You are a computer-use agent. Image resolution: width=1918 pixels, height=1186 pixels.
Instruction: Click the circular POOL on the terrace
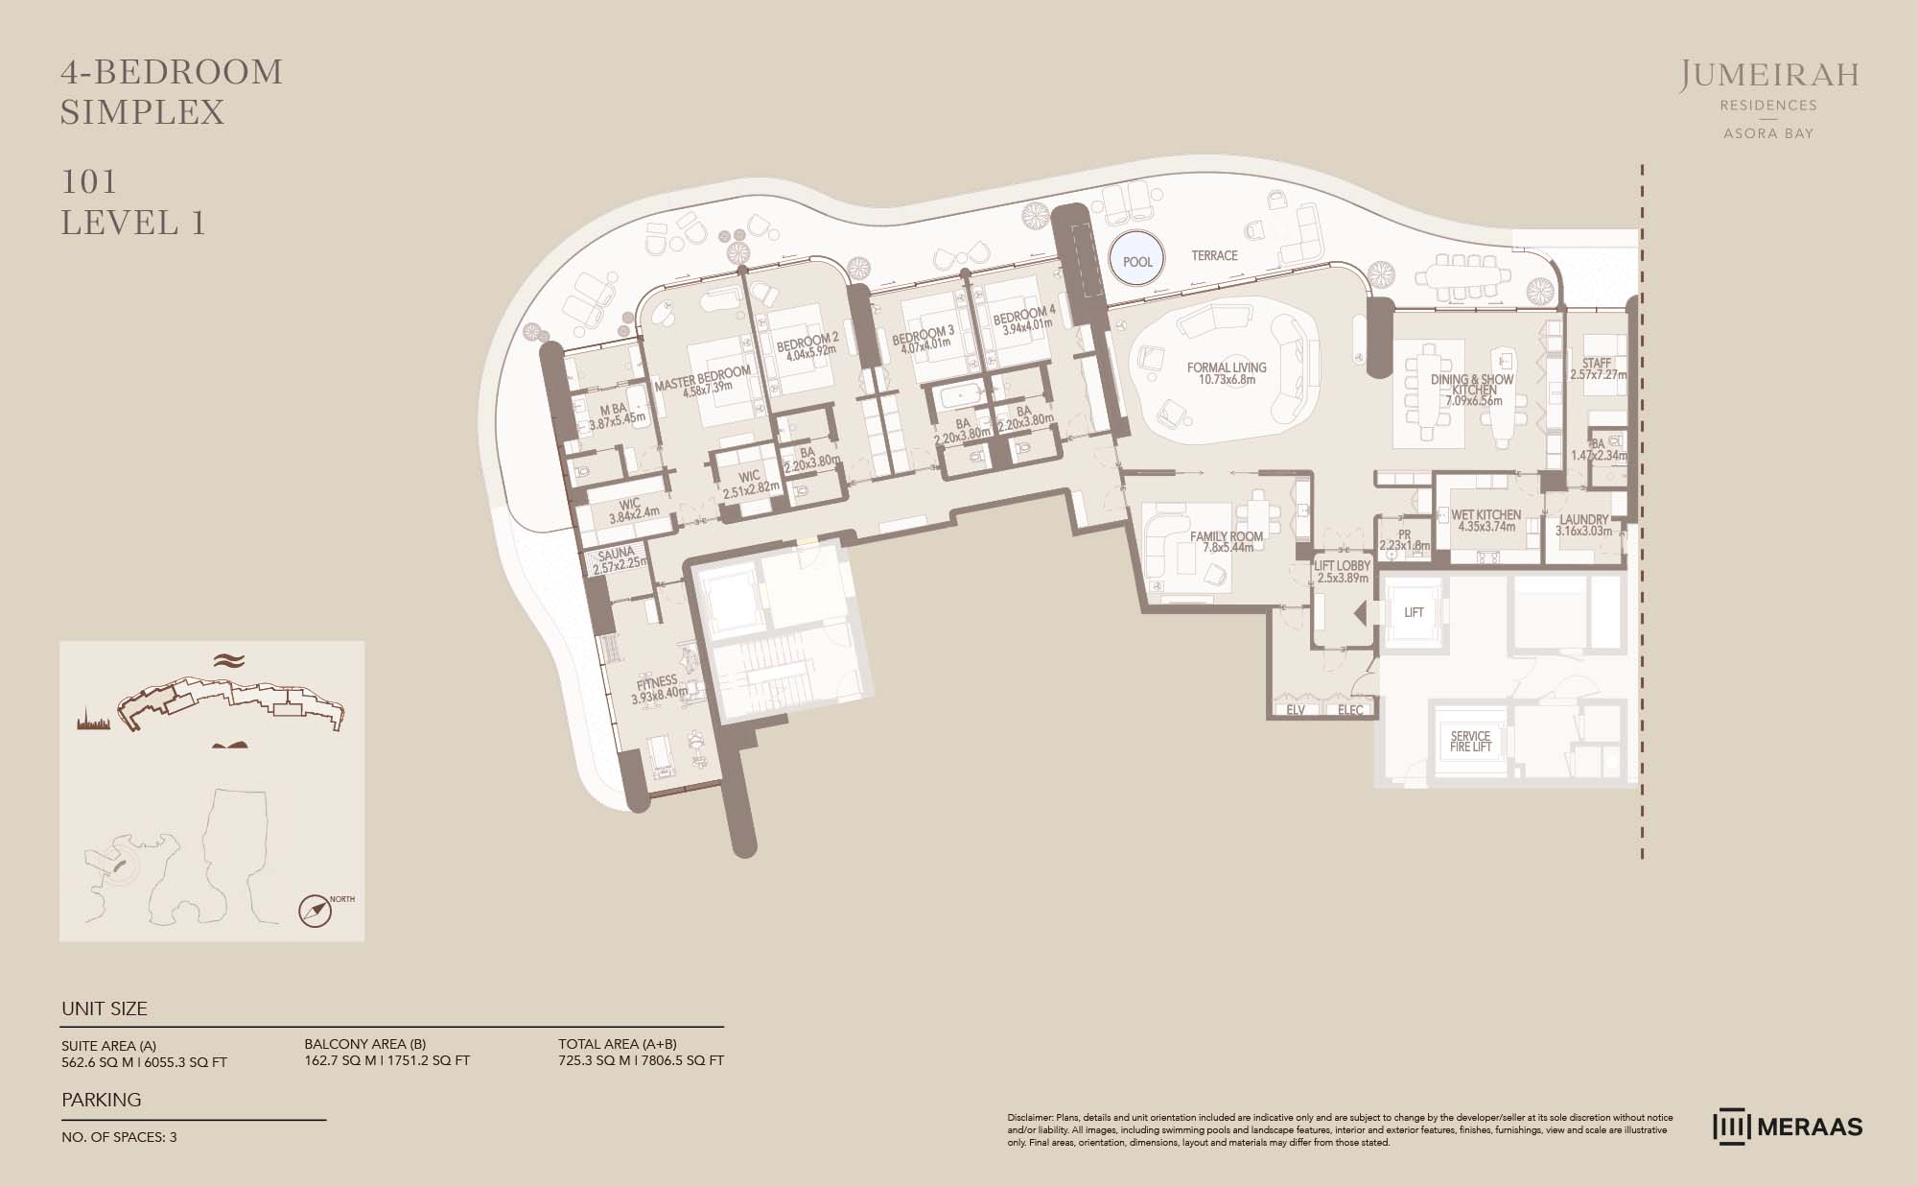click(1137, 261)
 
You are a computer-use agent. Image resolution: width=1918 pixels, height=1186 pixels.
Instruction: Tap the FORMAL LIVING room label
click(1227, 368)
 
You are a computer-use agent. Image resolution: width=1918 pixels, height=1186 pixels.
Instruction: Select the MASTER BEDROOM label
click(702, 374)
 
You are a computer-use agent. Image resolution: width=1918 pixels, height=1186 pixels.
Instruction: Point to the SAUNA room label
click(616, 554)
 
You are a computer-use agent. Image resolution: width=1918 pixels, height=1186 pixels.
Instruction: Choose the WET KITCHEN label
click(1485, 515)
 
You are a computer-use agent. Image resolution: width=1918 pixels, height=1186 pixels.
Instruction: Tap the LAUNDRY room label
click(1583, 520)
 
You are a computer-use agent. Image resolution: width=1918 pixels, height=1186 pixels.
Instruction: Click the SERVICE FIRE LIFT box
click(1470, 741)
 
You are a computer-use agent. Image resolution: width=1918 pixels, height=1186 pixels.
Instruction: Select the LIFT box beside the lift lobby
click(1414, 612)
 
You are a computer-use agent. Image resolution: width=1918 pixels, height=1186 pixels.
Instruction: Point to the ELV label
click(1296, 711)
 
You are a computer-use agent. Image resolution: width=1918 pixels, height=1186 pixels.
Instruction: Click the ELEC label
click(1350, 711)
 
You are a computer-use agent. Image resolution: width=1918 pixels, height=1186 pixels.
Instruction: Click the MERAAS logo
click(1788, 1127)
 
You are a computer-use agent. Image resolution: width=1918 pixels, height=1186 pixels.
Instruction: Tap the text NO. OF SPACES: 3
click(119, 1137)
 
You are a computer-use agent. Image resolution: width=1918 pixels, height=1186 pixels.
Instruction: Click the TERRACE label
click(1214, 255)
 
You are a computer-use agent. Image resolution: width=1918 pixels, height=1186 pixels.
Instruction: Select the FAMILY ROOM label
click(1227, 536)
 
